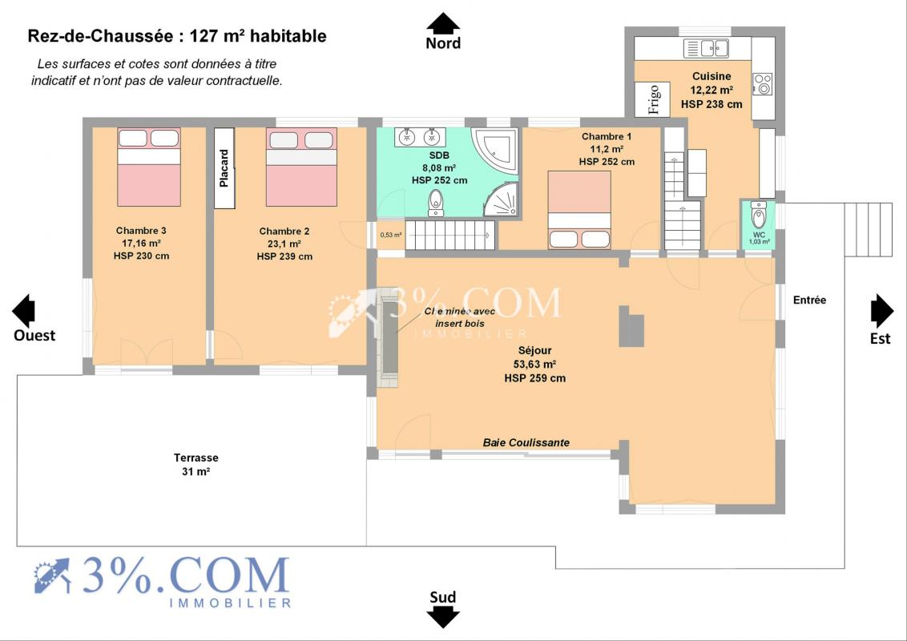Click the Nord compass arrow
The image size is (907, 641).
point(443,22)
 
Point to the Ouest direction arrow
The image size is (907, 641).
point(23,311)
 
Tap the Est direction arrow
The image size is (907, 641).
point(882,311)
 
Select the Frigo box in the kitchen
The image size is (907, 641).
point(652,99)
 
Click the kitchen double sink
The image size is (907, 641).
point(706,48)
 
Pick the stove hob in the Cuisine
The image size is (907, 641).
point(763,84)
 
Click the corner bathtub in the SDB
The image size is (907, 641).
point(494,149)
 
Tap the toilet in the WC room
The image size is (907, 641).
point(758,216)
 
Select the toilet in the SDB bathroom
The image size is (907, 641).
point(436,203)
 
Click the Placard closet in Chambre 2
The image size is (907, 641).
point(224,167)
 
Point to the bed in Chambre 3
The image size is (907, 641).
point(149,167)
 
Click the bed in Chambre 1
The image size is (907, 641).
point(579,210)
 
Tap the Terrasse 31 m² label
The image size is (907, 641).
point(196,465)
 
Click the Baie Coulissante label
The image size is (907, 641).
point(526,442)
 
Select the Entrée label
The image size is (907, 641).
point(810,300)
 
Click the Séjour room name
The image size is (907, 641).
point(535,350)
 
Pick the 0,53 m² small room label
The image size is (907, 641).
point(390,235)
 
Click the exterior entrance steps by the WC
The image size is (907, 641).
point(868,229)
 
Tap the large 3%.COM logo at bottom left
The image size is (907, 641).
point(163,581)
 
